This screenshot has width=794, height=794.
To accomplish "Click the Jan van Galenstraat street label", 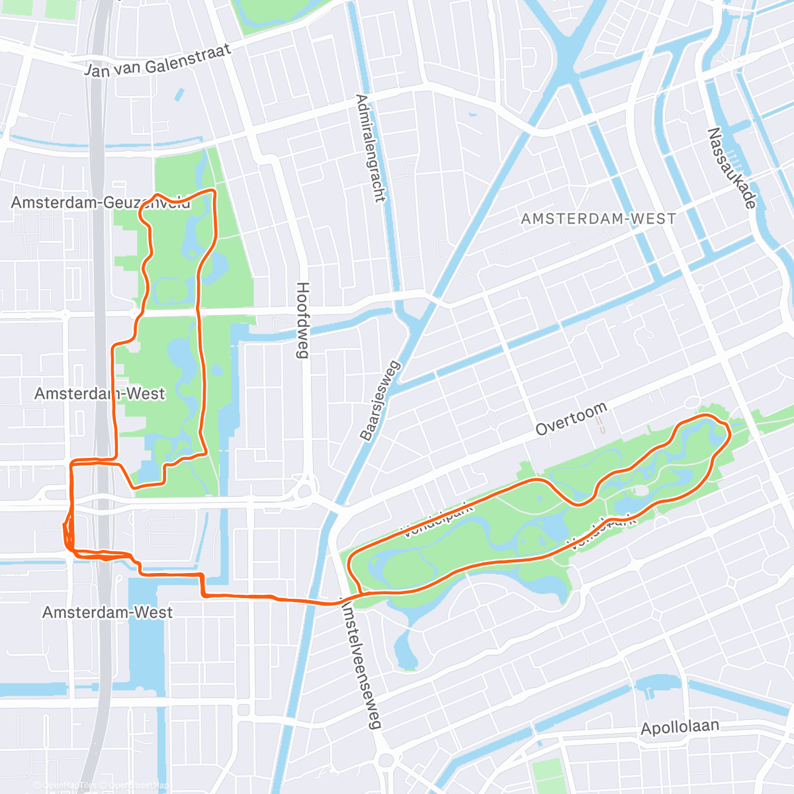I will pos(157,60).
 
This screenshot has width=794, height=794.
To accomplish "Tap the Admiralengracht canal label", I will pos(370,148).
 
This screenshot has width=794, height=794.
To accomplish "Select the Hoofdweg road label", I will pos(302,320).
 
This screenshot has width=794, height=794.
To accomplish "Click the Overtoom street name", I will pos(570,421).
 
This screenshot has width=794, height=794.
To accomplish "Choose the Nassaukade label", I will pos(731,168).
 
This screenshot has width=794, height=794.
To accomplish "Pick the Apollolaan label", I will pos(680,727).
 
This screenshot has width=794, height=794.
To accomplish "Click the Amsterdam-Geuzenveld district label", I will pos(101,202).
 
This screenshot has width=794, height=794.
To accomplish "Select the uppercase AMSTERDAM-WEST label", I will pos(598,218).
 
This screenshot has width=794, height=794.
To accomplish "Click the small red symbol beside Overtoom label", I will pos(600,423).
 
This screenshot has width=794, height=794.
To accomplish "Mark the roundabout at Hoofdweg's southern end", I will pos(304,491).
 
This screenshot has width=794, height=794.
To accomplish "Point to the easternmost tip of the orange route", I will pos(730,434).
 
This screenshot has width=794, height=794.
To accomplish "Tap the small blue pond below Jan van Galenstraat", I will pos(179,95).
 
